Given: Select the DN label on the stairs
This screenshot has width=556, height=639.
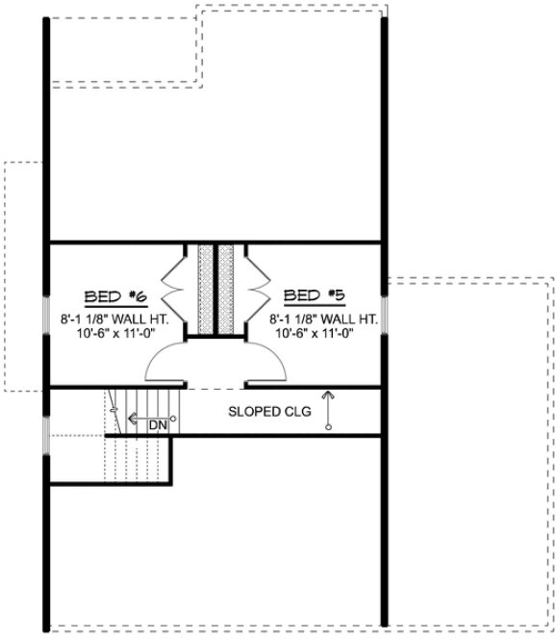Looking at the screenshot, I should click(157, 422).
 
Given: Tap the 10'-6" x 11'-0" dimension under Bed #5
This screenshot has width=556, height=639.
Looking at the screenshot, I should click(316, 334).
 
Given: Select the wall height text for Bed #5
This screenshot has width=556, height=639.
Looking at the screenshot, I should click(316, 319).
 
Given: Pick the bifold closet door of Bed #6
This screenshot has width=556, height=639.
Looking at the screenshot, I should click(177, 288).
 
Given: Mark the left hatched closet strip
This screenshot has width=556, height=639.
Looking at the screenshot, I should click(205, 289).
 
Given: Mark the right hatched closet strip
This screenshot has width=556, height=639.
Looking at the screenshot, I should click(228, 289).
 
